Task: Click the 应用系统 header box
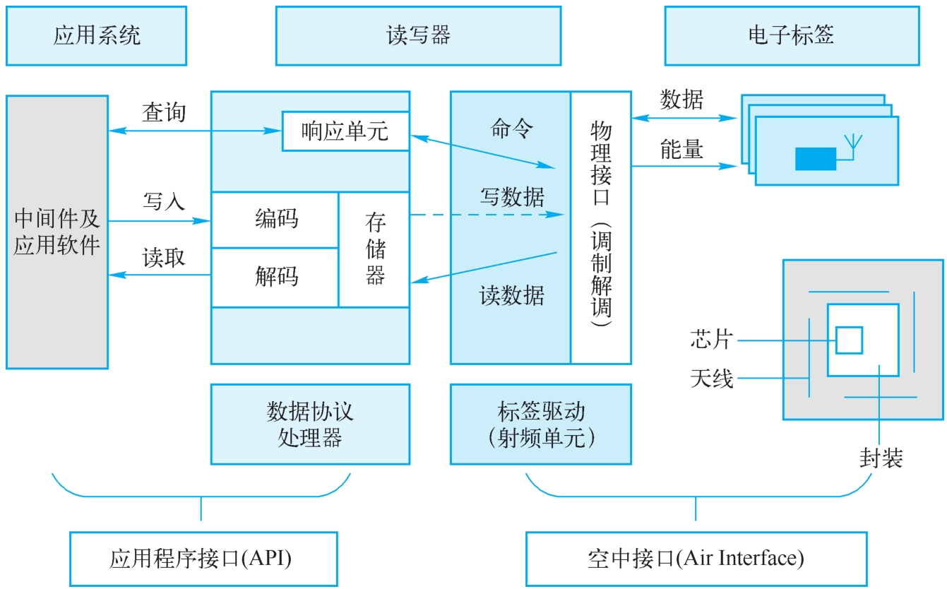pyautogui.click(x=96, y=36)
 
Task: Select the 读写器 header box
pyautogui.click(x=418, y=36)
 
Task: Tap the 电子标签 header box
pyautogui.click(x=792, y=36)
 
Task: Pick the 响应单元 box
pyautogui.click(x=345, y=131)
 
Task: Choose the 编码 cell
pyautogui.click(x=276, y=220)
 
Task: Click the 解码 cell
pyautogui.click(x=276, y=277)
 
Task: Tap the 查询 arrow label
pyautogui.click(x=164, y=112)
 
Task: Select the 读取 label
pyautogui.click(x=164, y=257)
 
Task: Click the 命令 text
pyautogui.click(x=511, y=129)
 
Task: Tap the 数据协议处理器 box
pyautogui.click(x=310, y=424)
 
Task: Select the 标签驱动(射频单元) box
pyautogui.click(x=541, y=424)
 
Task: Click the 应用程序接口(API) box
pyautogui.click(x=203, y=559)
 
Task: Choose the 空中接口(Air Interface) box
pyautogui.click(x=696, y=559)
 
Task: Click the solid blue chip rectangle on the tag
pyautogui.click(x=815, y=159)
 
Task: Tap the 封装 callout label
pyautogui.click(x=881, y=459)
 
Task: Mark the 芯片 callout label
pyautogui.click(x=711, y=340)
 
